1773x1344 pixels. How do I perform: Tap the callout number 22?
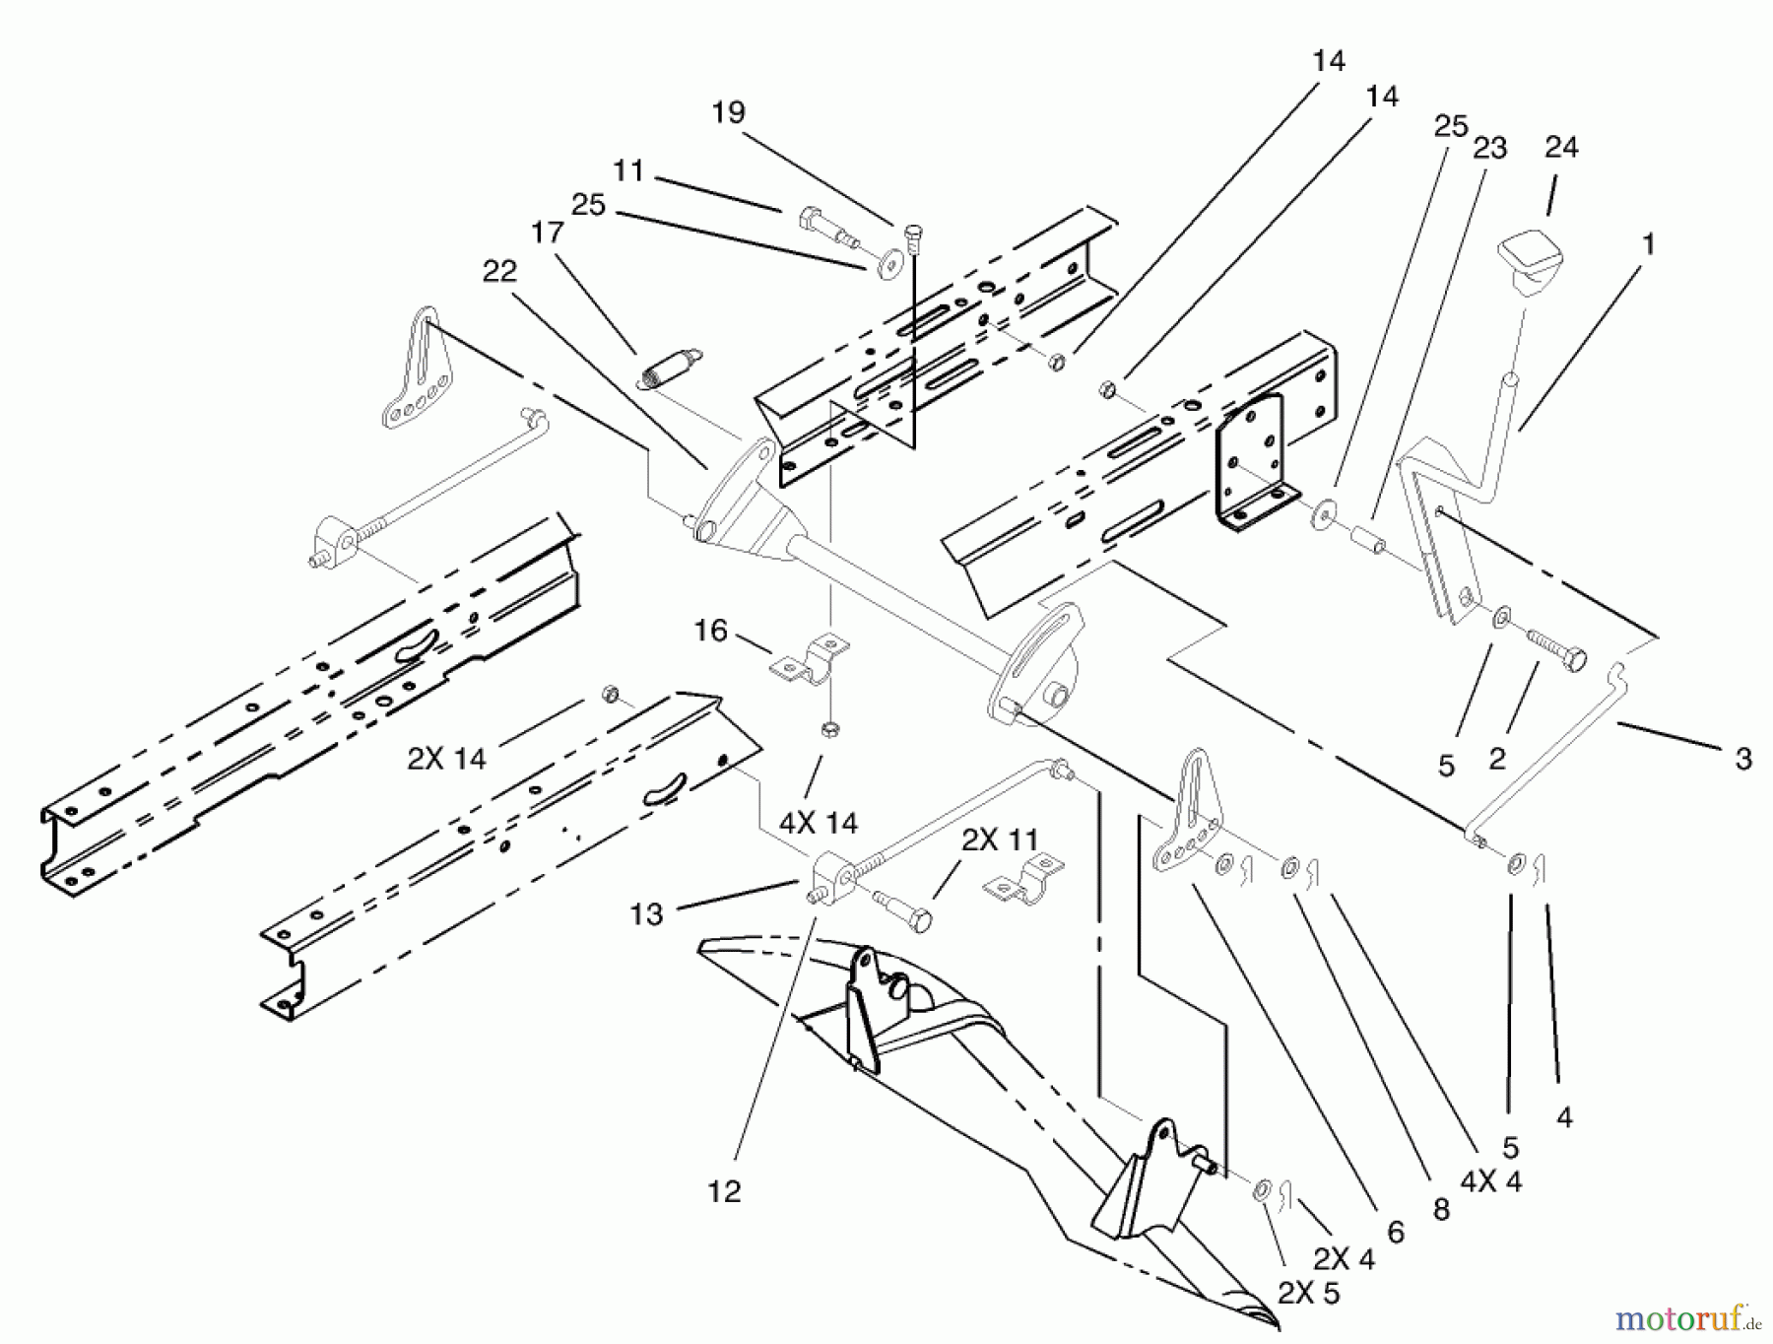tap(499, 271)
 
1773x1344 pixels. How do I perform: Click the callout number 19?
tap(729, 112)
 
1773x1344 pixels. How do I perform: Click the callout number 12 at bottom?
tap(724, 1191)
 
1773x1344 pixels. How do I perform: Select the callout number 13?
tap(646, 914)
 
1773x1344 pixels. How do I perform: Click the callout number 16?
tap(710, 631)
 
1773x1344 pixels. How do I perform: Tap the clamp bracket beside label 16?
tap(812, 661)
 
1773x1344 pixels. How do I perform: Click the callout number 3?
tap(1742, 759)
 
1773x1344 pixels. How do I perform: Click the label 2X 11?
tap(1000, 840)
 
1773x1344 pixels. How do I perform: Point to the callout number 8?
tap(1441, 1209)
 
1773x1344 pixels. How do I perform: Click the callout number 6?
tap(1395, 1232)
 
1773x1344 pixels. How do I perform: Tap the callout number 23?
tap(1490, 148)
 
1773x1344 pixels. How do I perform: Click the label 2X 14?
tap(446, 758)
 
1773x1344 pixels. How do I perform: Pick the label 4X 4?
tap(1490, 1180)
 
